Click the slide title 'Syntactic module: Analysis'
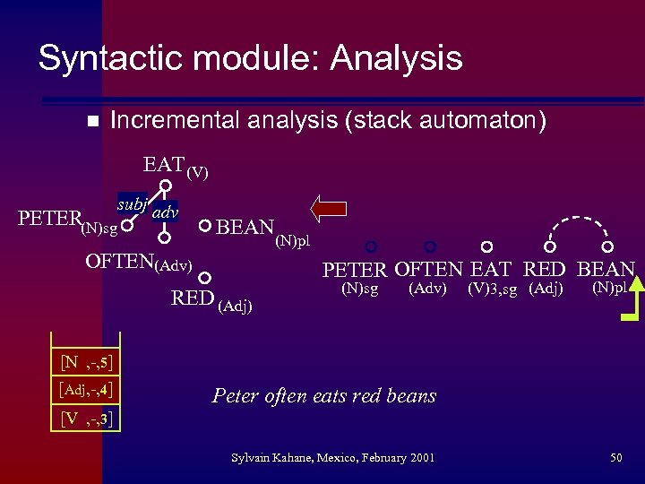tap(250, 58)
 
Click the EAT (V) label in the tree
tap(176, 166)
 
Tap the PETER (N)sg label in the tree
tap(68, 221)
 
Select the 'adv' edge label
tap(164, 212)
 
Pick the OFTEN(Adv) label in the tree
tap(138, 264)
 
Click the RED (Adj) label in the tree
tap(211, 300)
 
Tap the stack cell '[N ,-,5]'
tap(87, 362)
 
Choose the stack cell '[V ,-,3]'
tap(87, 418)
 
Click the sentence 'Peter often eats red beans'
tap(324, 395)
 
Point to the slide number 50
tap(615, 458)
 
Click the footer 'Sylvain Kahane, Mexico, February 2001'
tap(332, 458)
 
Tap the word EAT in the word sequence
tap(492, 269)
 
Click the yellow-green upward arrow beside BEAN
tap(632, 296)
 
